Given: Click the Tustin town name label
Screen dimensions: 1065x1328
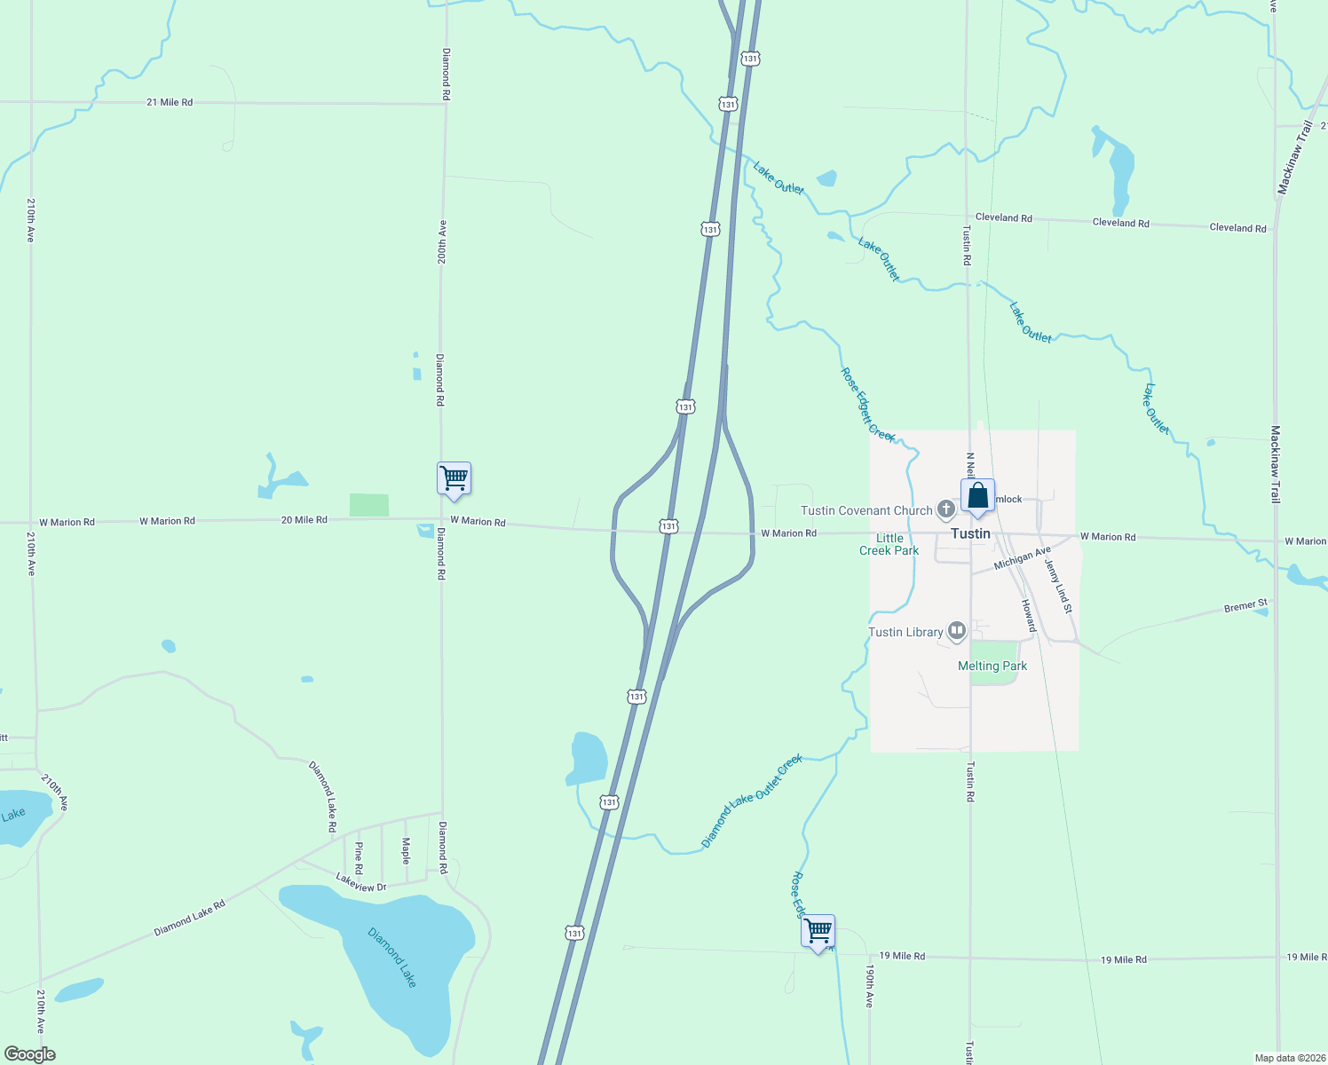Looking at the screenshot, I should [970, 533].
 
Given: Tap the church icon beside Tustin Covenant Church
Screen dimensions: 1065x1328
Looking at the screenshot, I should [946, 509].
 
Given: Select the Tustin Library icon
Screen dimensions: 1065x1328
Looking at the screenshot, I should [956, 631].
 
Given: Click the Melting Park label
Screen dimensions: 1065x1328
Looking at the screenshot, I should [992, 666].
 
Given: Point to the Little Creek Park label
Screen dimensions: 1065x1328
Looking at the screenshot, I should [889, 544].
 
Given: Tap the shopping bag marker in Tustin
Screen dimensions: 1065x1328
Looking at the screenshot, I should [977, 497].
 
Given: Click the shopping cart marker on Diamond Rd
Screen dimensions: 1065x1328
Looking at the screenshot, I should [454, 479].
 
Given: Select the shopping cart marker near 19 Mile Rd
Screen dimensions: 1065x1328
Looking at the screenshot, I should [818, 932].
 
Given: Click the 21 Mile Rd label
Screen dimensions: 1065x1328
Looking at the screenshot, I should [170, 102].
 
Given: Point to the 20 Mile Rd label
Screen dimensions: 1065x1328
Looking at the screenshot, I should [304, 519].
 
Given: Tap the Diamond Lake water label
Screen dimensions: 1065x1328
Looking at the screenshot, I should [392, 957].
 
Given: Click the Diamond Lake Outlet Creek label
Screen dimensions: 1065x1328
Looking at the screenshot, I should [752, 801].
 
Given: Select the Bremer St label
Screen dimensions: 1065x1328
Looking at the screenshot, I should [1246, 606].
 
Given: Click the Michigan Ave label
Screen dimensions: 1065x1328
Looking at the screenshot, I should [1023, 558].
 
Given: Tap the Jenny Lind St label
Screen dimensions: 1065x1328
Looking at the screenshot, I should [1058, 586].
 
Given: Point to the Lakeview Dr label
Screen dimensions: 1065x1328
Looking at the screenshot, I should [361, 882].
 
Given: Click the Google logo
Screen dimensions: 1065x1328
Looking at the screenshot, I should [30, 1054].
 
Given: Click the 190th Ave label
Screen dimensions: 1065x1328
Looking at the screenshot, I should [870, 986].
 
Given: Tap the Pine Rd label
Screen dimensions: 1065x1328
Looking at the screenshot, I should [359, 857].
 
